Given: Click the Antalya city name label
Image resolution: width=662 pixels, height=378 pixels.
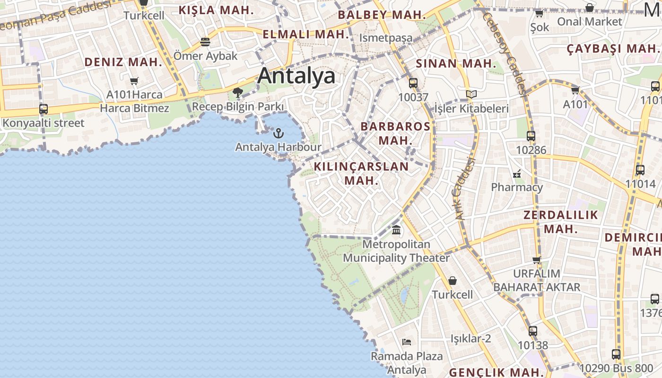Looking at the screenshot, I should (x=296, y=76).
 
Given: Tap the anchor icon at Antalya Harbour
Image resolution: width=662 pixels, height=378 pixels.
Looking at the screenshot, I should (x=279, y=133).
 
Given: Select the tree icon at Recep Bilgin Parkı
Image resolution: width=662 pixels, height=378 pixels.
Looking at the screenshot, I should (x=238, y=92).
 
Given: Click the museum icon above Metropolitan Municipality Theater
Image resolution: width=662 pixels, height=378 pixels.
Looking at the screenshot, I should (x=396, y=230).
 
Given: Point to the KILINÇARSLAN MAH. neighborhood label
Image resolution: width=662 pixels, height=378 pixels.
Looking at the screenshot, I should (x=361, y=173).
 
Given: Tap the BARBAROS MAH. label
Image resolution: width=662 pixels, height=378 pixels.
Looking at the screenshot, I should (x=395, y=133).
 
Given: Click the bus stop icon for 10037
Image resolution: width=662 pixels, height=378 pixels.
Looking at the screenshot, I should (x=413, y=83).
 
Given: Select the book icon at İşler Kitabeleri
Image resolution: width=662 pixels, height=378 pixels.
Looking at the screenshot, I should (x=471, y=94).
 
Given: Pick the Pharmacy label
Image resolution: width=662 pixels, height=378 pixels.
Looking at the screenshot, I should (x=517, y=187).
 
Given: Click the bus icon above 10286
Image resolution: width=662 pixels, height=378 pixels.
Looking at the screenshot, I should (x=531, y=136).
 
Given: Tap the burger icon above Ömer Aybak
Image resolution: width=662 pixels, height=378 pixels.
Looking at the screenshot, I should (x=205, y=42).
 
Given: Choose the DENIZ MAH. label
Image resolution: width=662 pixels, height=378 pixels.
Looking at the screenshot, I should (x=123, y=62).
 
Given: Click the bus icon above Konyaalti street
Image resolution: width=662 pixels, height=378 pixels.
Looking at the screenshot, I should (x=44, y=109).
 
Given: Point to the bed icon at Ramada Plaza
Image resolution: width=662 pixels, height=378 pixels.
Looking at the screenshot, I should (x=407, y=342).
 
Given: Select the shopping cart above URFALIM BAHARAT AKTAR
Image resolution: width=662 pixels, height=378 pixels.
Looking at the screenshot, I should (x=536, y=259).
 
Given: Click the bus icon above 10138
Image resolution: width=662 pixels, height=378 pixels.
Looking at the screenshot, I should (x=533, y=331).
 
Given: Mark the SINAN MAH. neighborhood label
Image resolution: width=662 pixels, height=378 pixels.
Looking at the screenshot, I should (x=456, y=64).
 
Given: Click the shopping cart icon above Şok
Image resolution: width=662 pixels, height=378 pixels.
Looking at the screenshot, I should (x=539, y=13).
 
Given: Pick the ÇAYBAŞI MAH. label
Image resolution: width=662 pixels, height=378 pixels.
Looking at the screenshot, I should (x=613, y=49).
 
